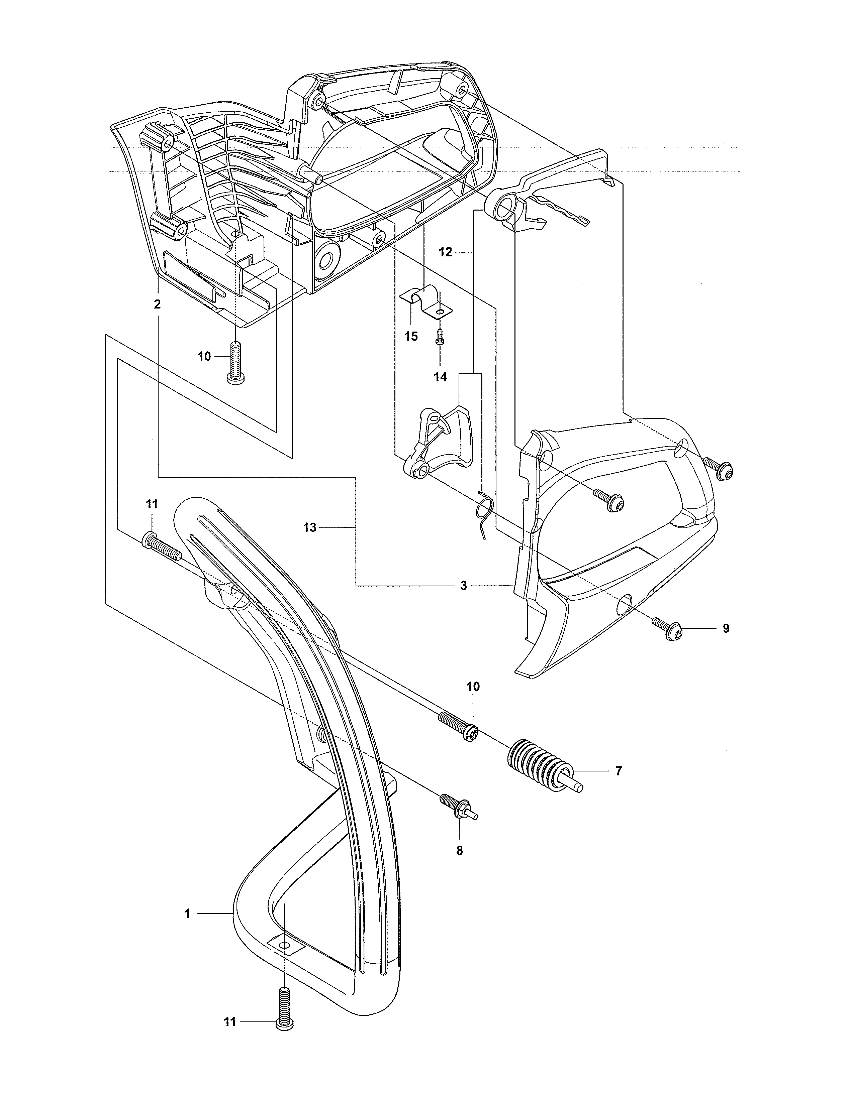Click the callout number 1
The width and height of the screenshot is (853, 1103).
[x=187, y=913]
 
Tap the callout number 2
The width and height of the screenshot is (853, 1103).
[x=157, y=304]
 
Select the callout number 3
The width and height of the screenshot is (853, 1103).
[x=463, y=586]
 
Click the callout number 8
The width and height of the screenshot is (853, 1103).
[x=459, y=851]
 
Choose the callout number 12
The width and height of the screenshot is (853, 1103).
[x=445, y=252]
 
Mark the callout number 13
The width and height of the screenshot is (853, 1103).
[x=310, y=528]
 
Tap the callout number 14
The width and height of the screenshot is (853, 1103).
[x=441, y=377]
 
